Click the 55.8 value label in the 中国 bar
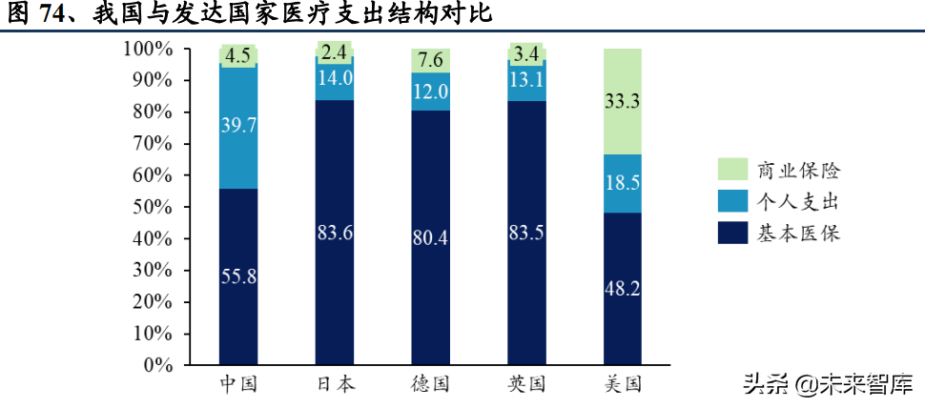point(237,277)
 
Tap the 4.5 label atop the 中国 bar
point(237,55)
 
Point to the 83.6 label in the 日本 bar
point(334,232)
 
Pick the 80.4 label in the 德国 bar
point(430,237)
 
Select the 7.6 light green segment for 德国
point(430,61)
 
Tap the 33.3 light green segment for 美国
point(623,102)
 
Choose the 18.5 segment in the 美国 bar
point(623,185)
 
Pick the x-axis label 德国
point(430,385)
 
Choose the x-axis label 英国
point(526,385)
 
